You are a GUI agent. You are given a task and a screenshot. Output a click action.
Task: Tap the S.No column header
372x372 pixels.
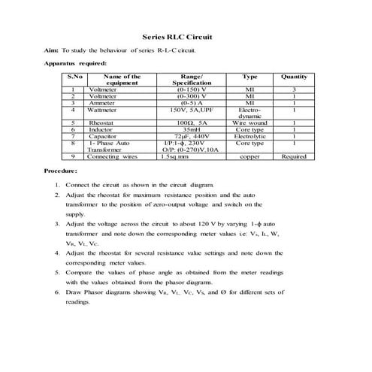click(x=74, y=77)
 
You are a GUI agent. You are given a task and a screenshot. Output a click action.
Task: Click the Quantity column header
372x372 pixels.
click(x=294, y=77)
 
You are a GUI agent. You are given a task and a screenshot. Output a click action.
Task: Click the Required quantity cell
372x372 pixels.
click(x=294, y=157)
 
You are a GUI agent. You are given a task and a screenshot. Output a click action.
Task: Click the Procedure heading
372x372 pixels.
click(x=61, y=172)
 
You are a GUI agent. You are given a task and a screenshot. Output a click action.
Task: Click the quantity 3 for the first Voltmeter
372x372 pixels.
click(x=294, y=89)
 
